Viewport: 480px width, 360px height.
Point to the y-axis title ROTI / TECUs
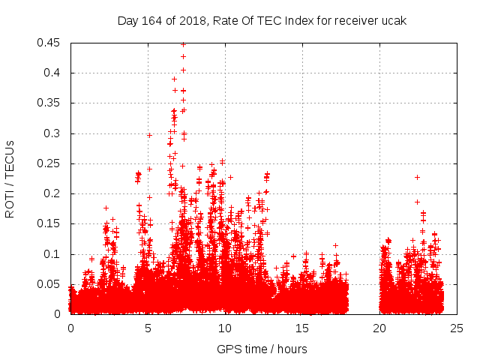[10, 177]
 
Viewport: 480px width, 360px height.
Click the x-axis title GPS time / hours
[262, 349]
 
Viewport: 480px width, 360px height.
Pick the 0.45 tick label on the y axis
[49, 43]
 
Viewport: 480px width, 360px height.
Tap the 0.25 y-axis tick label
[49, 163]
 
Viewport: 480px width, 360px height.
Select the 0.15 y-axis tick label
[49, 223]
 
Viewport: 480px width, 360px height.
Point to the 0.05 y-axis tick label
[49, 284]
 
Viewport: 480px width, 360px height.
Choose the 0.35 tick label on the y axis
[49, 103]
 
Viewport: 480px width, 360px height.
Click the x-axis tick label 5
[148, 328]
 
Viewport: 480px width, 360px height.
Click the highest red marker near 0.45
[183, 44]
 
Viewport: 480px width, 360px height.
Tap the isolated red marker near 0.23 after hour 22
[417, 177]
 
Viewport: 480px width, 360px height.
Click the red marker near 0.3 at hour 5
[149, 135]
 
